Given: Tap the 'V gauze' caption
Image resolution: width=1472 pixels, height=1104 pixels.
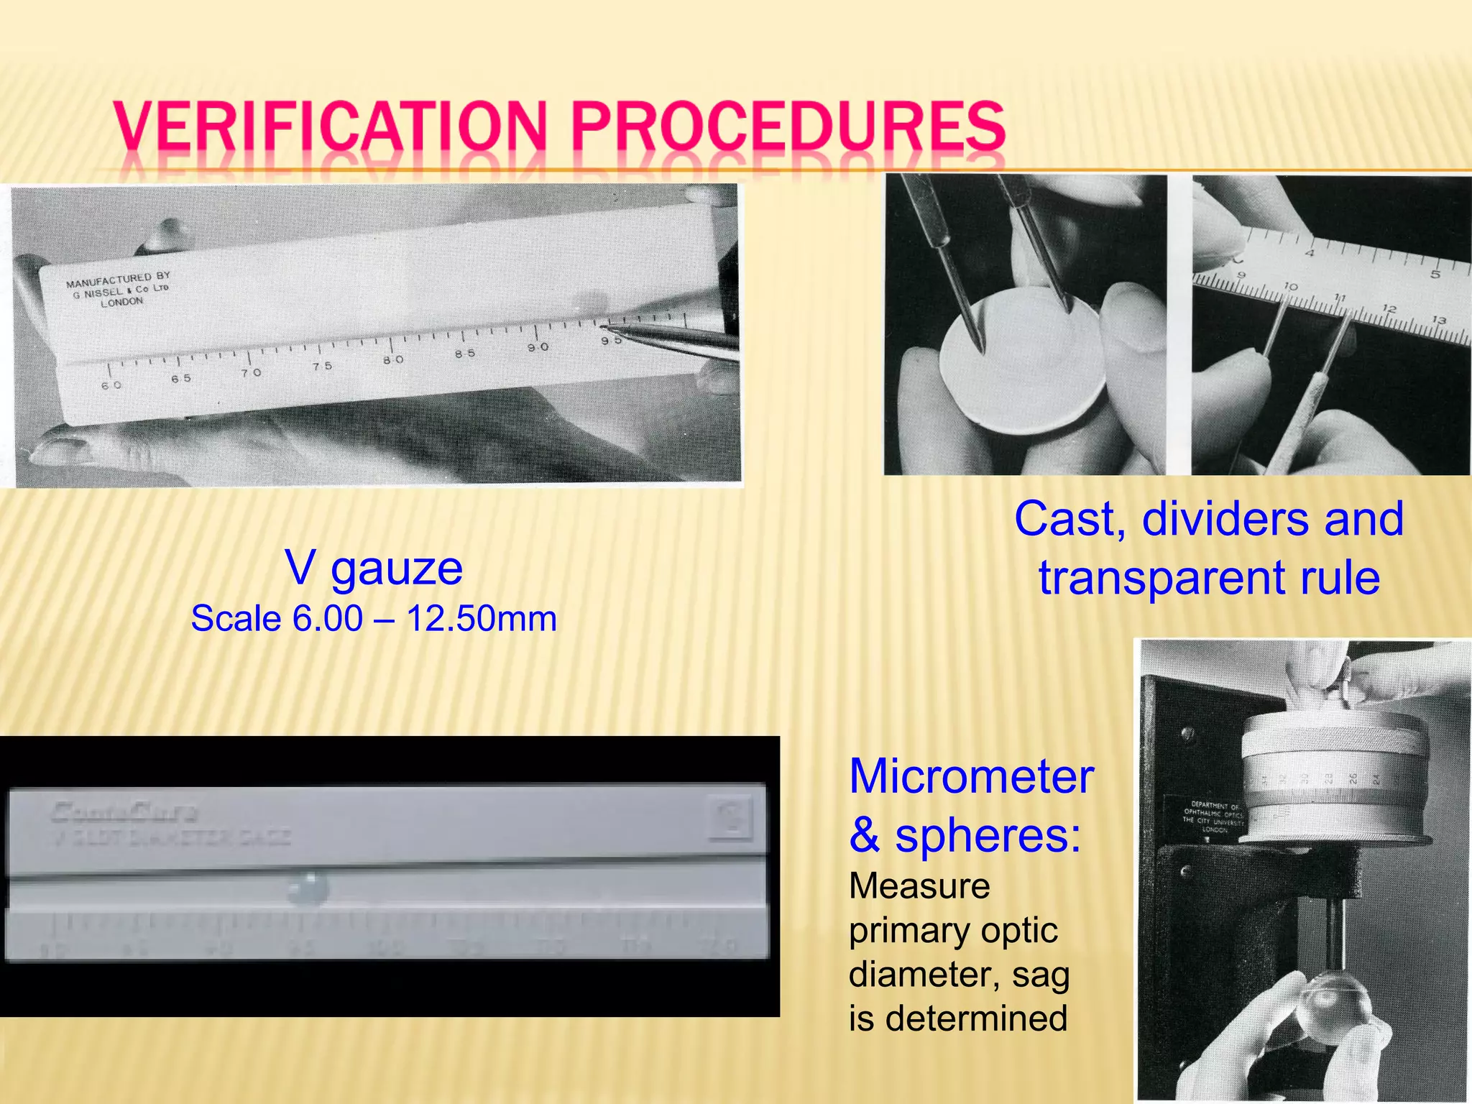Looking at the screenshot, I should [374, 568].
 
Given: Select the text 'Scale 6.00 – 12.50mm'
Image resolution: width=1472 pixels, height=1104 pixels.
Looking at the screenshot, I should [374, 619].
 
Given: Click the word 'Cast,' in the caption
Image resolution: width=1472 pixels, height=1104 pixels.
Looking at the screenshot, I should [1070, 518].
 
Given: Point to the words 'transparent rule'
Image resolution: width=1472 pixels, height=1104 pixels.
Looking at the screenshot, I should [1209, 578].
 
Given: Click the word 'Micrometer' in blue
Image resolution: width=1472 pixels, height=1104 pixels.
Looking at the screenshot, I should [971, 777].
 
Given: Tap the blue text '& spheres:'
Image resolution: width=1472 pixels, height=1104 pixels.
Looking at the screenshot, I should [965, 836].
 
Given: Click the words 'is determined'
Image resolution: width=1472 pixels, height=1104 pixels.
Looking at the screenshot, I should [957, 1018].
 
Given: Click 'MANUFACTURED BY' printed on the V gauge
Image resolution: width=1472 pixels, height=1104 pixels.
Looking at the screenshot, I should [118, 280].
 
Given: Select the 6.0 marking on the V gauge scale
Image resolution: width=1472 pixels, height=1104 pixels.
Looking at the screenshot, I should [111, 385].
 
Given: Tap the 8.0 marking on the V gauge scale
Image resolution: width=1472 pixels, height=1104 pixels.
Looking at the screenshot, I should [393, 359].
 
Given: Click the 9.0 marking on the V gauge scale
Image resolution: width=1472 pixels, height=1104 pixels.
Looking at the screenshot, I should [538, 347].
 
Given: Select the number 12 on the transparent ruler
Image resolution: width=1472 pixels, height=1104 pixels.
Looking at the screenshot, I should [1389, 308].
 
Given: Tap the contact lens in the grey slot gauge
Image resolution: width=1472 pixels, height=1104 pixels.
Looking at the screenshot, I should [308, 888].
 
